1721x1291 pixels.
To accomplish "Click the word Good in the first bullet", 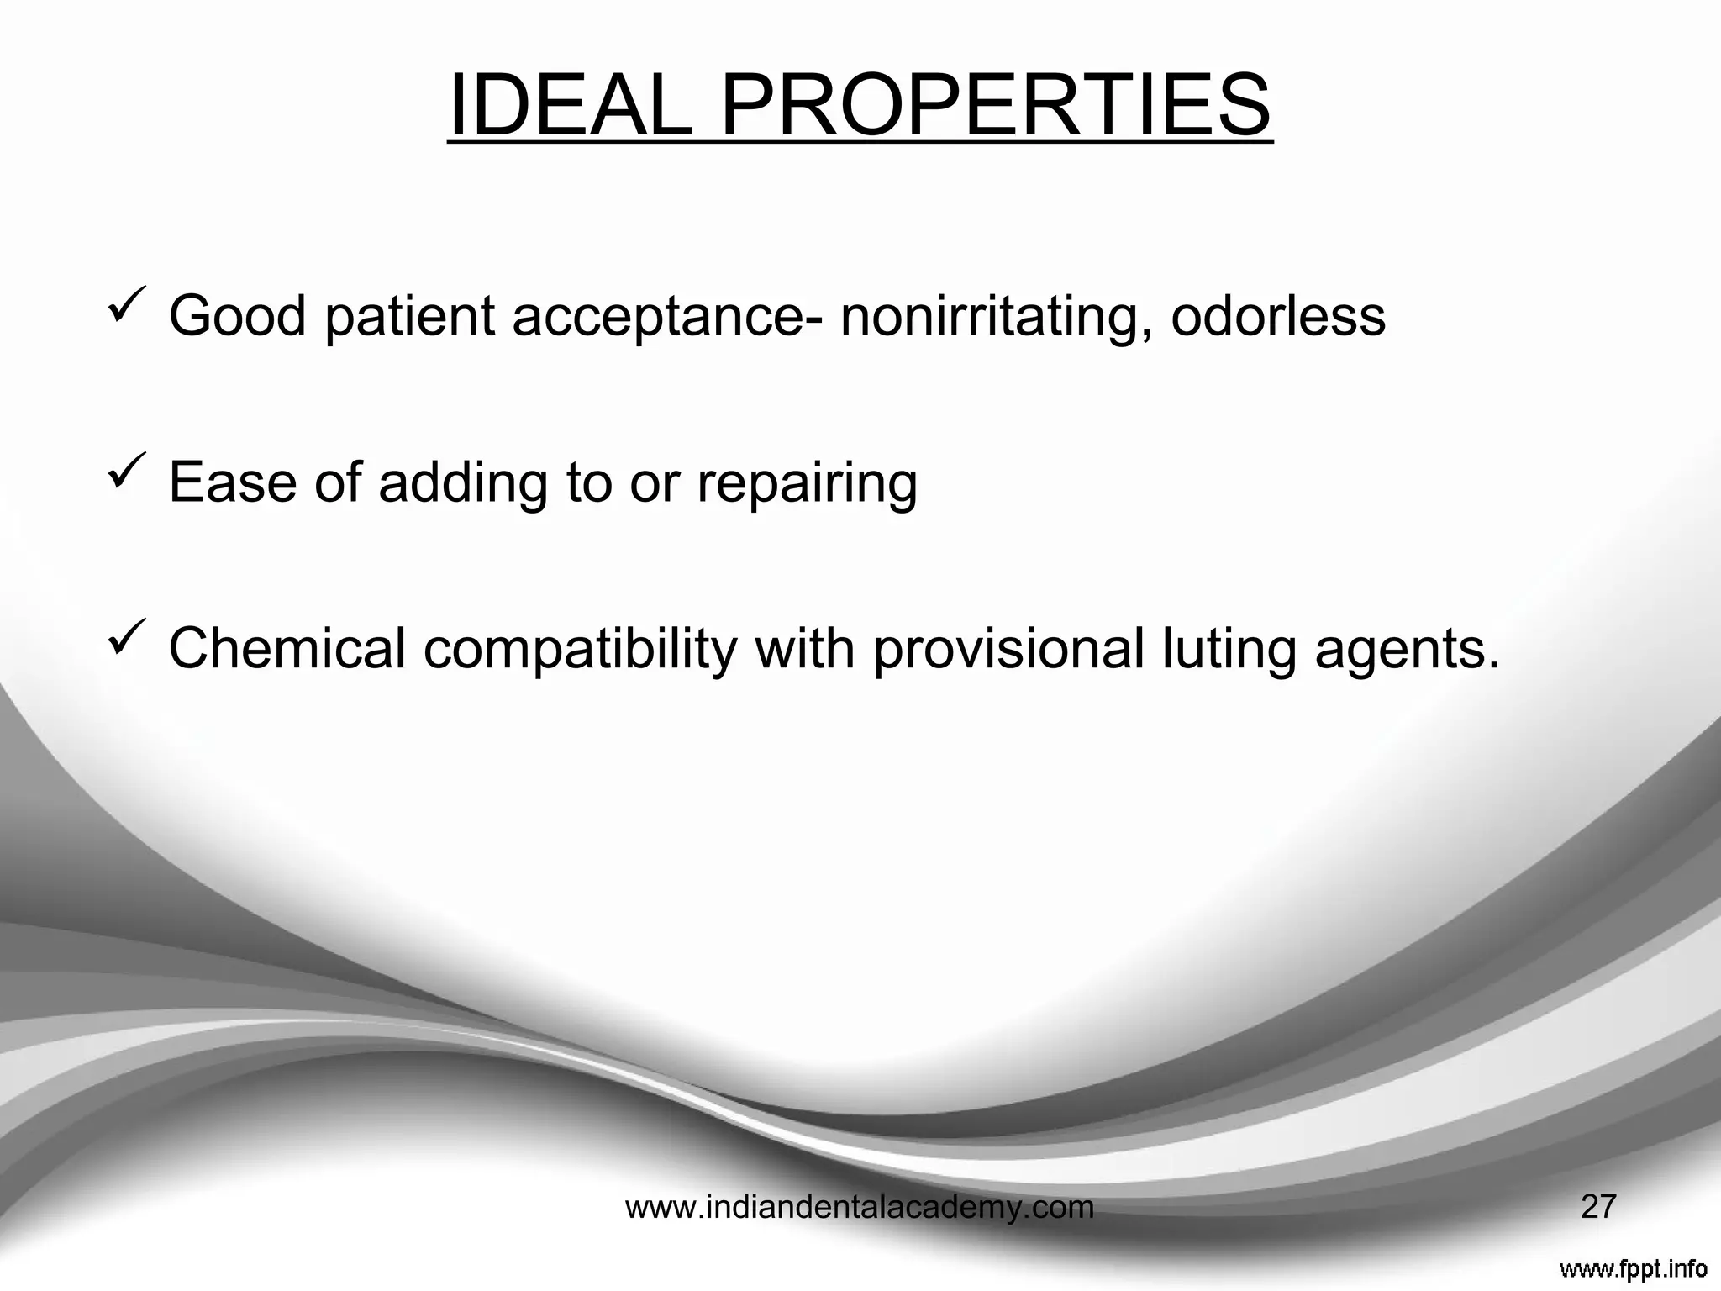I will [x=238, y=316].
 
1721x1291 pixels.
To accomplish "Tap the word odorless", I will [x=1277, y=316].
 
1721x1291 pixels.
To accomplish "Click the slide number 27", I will [x=1597, y=1207].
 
